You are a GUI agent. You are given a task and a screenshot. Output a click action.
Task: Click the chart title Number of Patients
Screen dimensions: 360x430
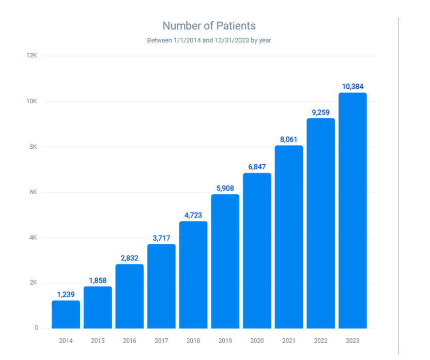point(209,25)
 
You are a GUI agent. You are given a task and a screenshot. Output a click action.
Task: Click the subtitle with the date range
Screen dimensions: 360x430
point(209,40)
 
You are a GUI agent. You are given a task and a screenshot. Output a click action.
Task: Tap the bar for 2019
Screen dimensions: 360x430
point(225,261)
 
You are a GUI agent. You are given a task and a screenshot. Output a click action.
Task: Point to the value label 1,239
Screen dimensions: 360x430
point(66,294)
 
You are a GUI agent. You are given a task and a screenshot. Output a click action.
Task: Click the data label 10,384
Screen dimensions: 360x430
point(352,86)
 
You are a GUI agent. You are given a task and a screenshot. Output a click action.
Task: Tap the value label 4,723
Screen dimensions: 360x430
point(193,215)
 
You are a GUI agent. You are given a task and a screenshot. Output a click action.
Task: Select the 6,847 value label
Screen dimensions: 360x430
point(257,166)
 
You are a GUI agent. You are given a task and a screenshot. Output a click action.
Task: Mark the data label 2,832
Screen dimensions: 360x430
point(129,258)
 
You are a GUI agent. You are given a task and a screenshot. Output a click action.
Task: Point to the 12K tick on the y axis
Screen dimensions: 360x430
point(32,56)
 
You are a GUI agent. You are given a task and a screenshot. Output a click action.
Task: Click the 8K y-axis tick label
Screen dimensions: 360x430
point(33,147)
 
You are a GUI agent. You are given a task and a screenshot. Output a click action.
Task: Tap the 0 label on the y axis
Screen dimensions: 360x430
point(36,328)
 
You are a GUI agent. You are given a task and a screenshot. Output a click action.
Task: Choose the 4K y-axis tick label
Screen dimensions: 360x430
point(33,238)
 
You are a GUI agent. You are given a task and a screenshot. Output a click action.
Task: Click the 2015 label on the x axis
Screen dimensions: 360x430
point(98,341)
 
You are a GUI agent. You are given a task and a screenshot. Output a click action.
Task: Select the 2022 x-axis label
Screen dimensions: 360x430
point(320,341)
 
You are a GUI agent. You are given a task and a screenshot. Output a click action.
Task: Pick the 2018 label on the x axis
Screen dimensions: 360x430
point(193,341)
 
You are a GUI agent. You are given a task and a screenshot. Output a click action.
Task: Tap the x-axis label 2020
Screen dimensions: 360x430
point(257,341)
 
